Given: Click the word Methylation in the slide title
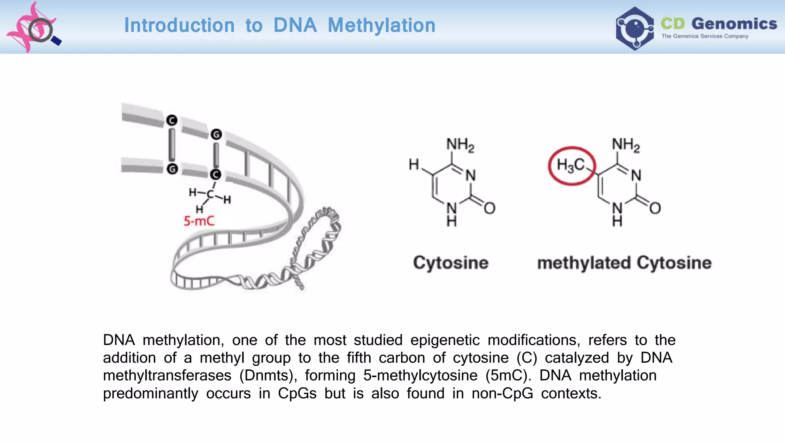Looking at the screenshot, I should pos(381,25).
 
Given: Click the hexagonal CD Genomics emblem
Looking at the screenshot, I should pos(635,28).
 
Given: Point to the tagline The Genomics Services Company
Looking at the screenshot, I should pos(705,36).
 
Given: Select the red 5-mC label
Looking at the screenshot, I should pos(199,221).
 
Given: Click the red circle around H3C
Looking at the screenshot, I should pos(572,166).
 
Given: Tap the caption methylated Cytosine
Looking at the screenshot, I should pos(624,263).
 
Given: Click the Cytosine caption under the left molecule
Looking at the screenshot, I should pos(451,263).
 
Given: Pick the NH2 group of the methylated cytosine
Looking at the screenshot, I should pos(626,145).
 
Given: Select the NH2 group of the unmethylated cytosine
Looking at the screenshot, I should pos(460,145).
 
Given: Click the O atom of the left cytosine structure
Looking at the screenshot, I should pos(489,208).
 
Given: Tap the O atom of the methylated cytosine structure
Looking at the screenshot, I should pos(655,208).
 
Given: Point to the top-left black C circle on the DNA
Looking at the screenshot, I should pos(172,120).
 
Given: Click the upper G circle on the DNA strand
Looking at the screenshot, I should pos(216,134).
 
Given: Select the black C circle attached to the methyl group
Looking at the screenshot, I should pos(215,175).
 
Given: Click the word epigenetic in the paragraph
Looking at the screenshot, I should pos(445,340).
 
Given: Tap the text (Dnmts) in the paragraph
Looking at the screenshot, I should pos(268,376).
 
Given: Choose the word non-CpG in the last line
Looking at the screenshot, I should pos(502,394).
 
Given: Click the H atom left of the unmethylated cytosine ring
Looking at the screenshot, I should pos(414,165).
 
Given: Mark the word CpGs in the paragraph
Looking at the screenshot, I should pos(297,394).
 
